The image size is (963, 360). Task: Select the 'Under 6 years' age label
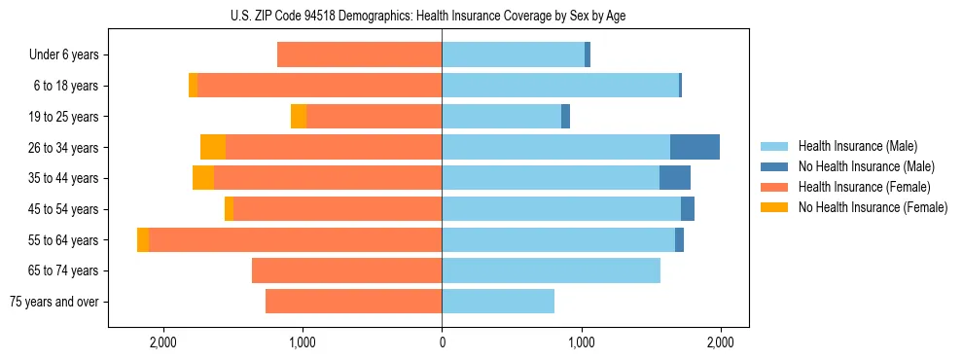click(x=64, y=55)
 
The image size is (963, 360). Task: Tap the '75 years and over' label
click(x=54, y=302)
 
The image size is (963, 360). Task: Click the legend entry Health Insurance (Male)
click(x=857, y=146)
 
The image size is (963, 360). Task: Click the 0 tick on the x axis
click(x=442, y=343)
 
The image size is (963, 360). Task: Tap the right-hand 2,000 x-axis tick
click(x=721, y=343)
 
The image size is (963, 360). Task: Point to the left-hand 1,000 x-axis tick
click(x=303, y=343)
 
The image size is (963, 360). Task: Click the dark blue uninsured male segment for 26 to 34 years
click(x=695, y=147)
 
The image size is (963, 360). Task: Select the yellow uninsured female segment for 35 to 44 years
click(x=203, y=178)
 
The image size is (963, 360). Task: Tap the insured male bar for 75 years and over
click(x=498, y=302)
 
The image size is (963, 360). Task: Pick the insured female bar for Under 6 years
click(x=359, y=54)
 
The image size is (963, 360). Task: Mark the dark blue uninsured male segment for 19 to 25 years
click(x=565, y=117)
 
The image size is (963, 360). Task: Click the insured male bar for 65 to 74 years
click(x=551, y=270)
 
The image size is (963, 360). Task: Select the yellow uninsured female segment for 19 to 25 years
click(x=299, y=117)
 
